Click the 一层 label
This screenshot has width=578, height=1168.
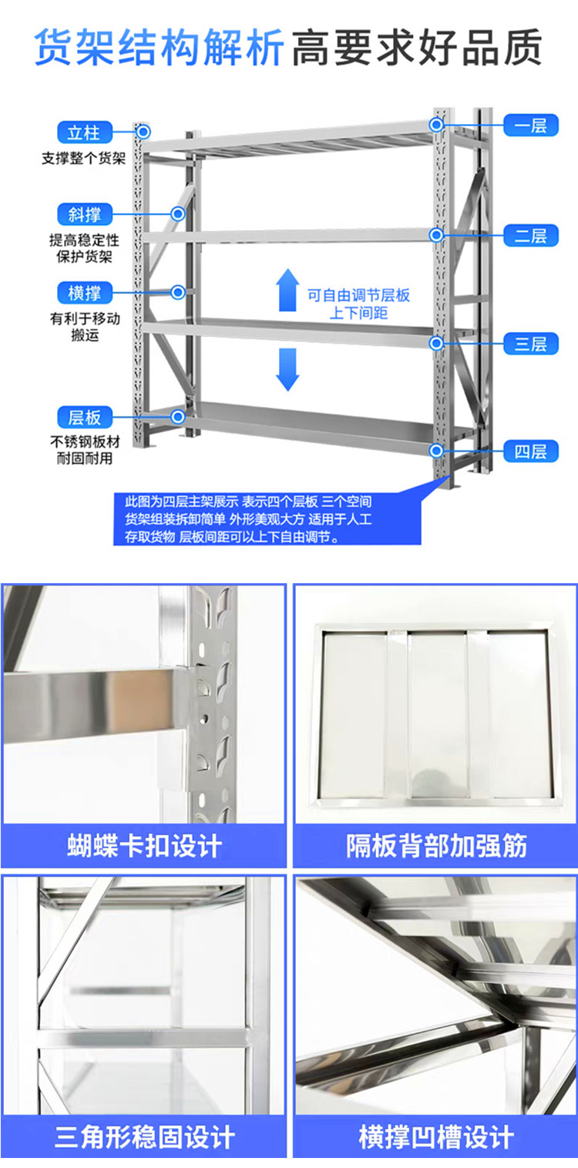click(530, 126)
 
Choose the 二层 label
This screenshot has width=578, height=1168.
click(530, 235)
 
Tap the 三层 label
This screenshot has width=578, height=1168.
click(530, 344)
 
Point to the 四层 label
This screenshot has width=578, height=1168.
click(530, 451)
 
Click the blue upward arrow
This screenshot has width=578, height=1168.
click(287, 290)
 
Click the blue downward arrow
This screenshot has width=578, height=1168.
click(287, 370)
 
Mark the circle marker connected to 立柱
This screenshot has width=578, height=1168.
click(143, 132)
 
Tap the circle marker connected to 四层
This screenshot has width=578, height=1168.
click(437, 451)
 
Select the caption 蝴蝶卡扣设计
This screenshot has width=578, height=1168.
click(145, 846)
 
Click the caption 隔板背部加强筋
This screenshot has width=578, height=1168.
click(436, 846)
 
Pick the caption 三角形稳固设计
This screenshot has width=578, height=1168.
click(145, 1137)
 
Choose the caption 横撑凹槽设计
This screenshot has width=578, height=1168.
click(436, 1137)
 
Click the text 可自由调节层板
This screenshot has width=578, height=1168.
click(358, 296)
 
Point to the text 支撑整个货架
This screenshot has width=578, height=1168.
click(84, 158)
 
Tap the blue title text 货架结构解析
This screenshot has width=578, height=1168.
click(159, 48)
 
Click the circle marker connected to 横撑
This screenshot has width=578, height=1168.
click(178, 293)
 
